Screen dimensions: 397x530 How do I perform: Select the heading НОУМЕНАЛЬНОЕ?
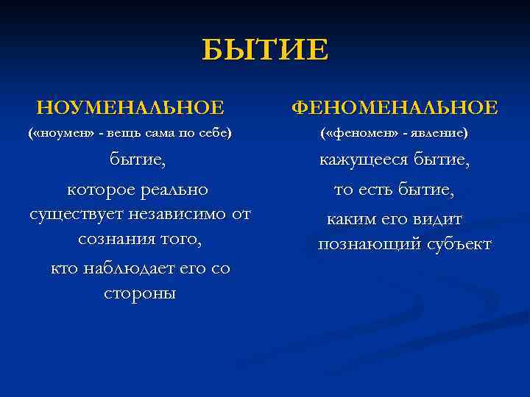tap(130, 108)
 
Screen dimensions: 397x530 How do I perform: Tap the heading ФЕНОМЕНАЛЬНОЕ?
tap(395, 108)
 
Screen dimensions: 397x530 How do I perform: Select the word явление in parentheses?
tap(438, 135)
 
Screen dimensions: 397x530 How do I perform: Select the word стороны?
tap(140, 293)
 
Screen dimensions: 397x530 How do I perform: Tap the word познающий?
tap(361, 244)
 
